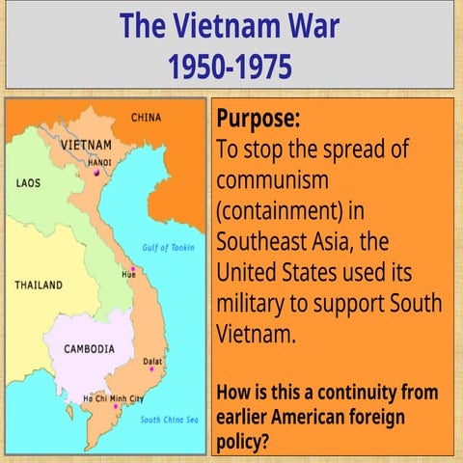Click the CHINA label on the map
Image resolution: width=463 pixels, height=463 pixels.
pyautogui.click(x=146, y=118)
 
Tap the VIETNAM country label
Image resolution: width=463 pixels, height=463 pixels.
pyautogui.click(x=86, y=145)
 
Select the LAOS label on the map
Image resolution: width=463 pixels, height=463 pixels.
pyautogui.click(x=28, y=181)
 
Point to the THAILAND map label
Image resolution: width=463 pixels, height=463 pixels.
pyautogui.click(x=39, y=286)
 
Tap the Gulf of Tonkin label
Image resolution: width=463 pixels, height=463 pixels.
pyautogui.click(x=169, y=247)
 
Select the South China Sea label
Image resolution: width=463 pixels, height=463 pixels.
pyautogui.click(x=169, y=420)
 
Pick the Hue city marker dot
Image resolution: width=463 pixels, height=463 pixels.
pyautogui.click(x=132, y=267)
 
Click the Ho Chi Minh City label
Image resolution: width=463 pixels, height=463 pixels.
pyautogui.click(x=113, y=398)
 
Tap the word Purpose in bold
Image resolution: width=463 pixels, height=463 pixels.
pyautogui.click(x=258, y=119)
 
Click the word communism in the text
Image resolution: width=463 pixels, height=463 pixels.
pyautogui.click(x=273, y=180)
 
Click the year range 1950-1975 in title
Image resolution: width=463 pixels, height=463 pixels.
pyautogui.click(x=231, y=67)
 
